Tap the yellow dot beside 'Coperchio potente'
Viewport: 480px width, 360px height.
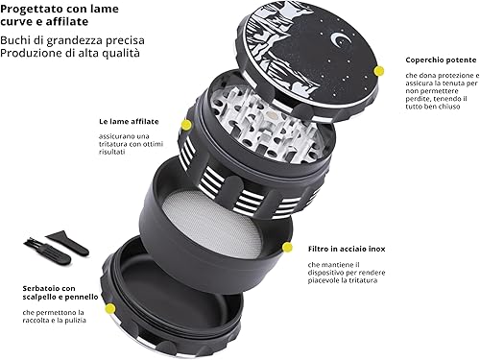(x=378, y=71)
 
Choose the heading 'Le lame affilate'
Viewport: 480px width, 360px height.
(x=128, y=122)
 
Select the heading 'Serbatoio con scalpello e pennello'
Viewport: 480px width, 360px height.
(x=59, y=293)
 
